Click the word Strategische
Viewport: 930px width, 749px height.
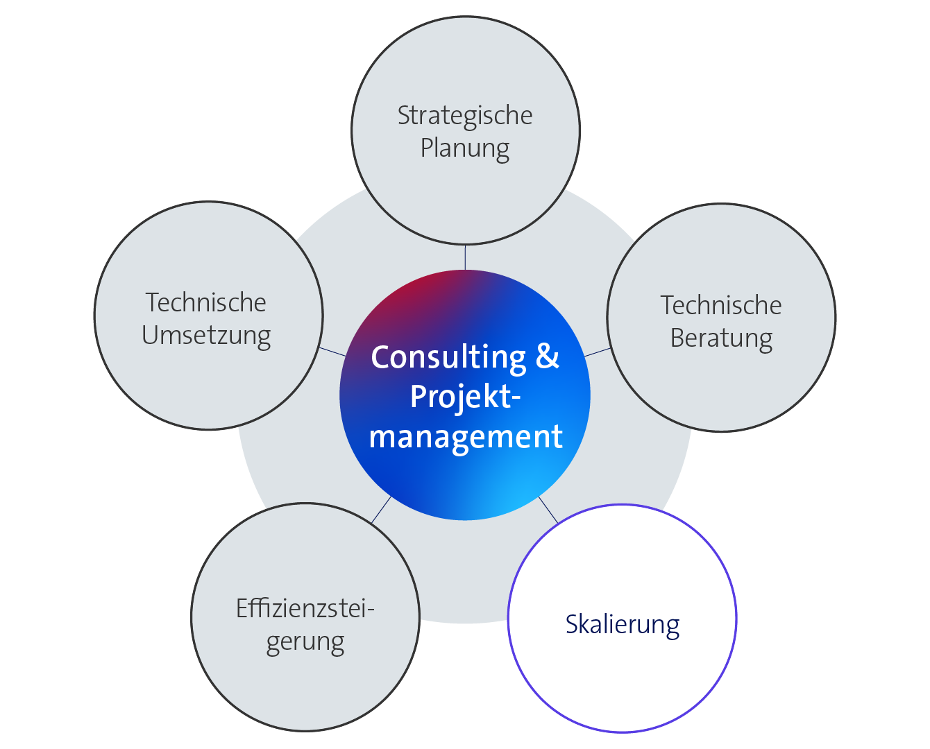pyautogui.click(x=465, y=117)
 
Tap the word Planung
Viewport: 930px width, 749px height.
pyautogui.click(x=465, y=149)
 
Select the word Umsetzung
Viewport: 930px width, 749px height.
pyautogui.click(x=207, y=336)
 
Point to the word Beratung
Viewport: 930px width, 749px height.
pyautogui.click(x=721, y=339)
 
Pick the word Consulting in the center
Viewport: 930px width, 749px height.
pyautogui.click(x=448, y=359)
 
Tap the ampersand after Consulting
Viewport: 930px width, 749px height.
pyautogui.click(x=548, y=356)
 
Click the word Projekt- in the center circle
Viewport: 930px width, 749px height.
pyautogui.click(x=465, y=397)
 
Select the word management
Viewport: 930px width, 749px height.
pyautogui.click(x=466, y=438)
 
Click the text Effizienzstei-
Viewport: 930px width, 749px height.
pyautogui.click(x=305, y=609)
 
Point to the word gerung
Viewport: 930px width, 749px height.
pyautogui.click(x=305, y=644)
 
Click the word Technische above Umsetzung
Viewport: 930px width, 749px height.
pyautogui.click(x=205, y=302)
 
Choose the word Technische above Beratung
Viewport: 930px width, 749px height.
pyautogui.click(x=721, y=306)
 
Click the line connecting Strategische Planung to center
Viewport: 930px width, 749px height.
pyautogui.click(x=465, y=257)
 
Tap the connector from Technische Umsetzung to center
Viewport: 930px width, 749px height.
pyautogui.click(x=332, y=352)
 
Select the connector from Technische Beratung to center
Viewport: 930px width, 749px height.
pyautogui.click(x=598, y=352)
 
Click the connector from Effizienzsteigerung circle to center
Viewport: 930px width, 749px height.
pyautogui.click(x=381, y=510)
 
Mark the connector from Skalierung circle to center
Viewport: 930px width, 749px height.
pyautogui.click(x=548, y=510)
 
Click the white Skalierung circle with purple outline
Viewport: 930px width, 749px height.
pyautogui.click(x=623, y=619)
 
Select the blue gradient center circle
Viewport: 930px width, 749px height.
pyautogui.click(x=465, y=395)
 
